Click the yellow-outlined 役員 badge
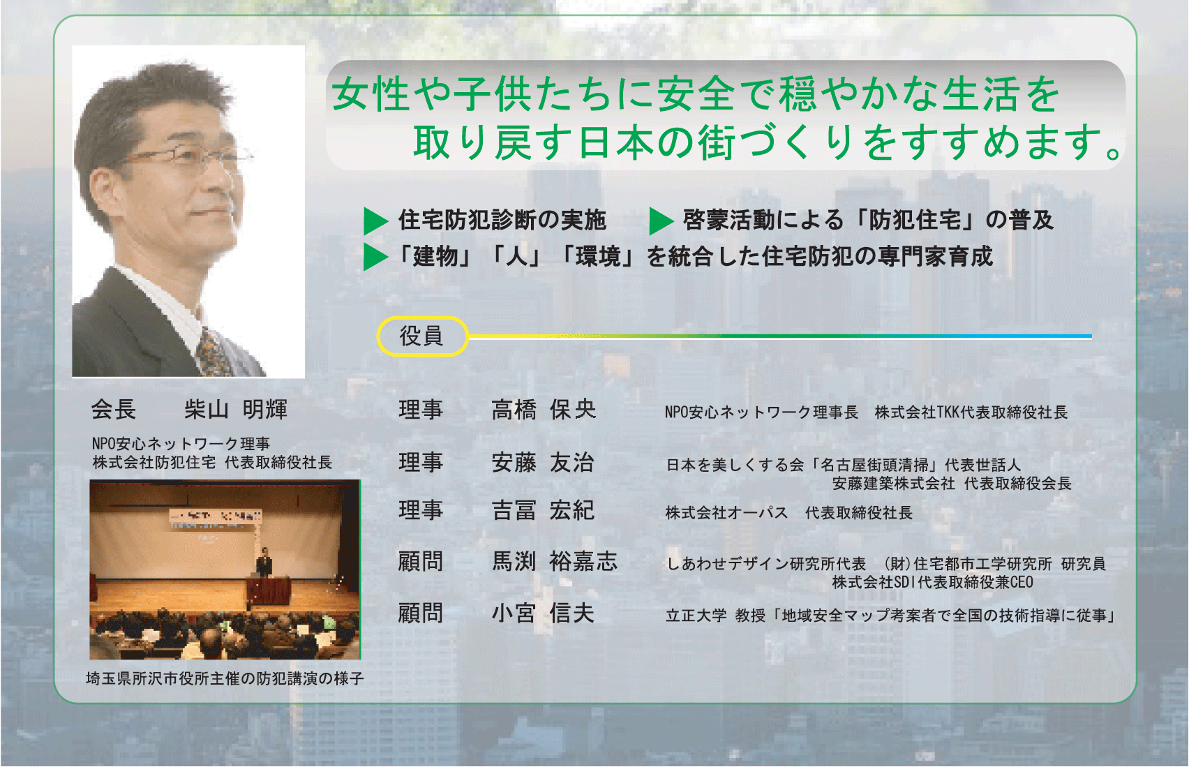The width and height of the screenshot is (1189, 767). coord(423,336)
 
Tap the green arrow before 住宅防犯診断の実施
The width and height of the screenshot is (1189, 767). coord(376,221)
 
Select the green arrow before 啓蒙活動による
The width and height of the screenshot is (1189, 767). coord(661,221)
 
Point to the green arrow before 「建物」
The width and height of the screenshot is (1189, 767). coord(376,257)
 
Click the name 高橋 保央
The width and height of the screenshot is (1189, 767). coord(544,410)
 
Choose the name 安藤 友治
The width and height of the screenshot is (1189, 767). coord(542,462)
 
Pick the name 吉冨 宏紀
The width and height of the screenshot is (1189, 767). coord(542,510)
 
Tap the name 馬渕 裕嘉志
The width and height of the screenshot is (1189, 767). coord(555,562)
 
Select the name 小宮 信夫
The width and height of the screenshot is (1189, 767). coord(542,613)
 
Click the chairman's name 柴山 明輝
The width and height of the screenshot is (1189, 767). coord(236,410)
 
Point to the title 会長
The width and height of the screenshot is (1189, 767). coord(114,410)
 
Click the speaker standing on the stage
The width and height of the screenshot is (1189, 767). coord(264,562)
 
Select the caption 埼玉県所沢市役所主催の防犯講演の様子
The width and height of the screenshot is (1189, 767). coord(225,679)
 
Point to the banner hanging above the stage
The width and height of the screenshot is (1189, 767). coord(215,520)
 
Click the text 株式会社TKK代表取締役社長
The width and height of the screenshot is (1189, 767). coord(971,412)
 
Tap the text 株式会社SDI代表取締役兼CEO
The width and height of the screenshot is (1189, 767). coord(933,582)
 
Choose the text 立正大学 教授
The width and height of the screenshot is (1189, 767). coord(715,616)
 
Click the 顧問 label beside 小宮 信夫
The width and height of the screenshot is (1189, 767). coord(420,613)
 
